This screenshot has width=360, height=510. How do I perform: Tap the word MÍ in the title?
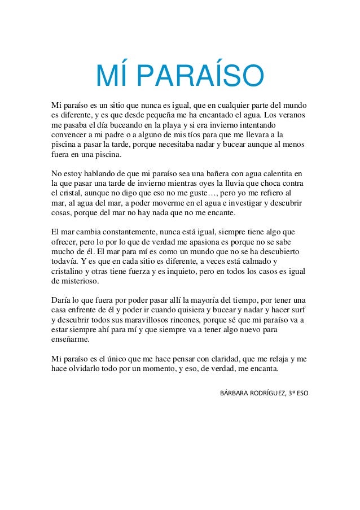point(113,77)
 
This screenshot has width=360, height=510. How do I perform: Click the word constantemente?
point(117,231)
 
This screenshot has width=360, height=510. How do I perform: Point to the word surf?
point(296,310)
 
